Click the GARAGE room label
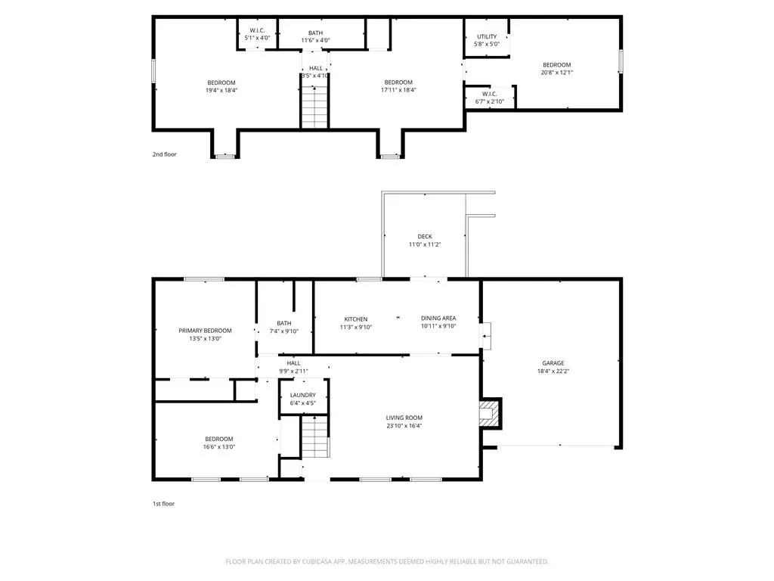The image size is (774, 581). coord(553,363)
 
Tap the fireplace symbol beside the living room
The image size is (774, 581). coord(491,414)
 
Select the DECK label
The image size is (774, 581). coord(425,237)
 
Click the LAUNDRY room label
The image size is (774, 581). coord(302,395)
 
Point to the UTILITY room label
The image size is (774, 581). coord(487,36)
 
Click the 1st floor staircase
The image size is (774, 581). coord(315,437)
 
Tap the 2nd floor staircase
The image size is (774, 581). coord(314,107)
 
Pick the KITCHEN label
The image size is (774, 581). coord(356,319)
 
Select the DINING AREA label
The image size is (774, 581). coord(438,318)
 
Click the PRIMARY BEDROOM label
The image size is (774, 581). coord(205,331)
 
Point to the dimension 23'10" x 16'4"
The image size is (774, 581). coord(404,425)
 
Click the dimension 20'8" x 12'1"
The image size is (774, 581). coord(557,73)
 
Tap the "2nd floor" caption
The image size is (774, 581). coord(164,154)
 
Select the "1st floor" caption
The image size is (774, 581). coord(163,504)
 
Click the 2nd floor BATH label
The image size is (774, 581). coord(315,33)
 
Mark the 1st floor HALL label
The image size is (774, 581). coord(294,363)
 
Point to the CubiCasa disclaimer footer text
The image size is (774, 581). coord(387,562)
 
